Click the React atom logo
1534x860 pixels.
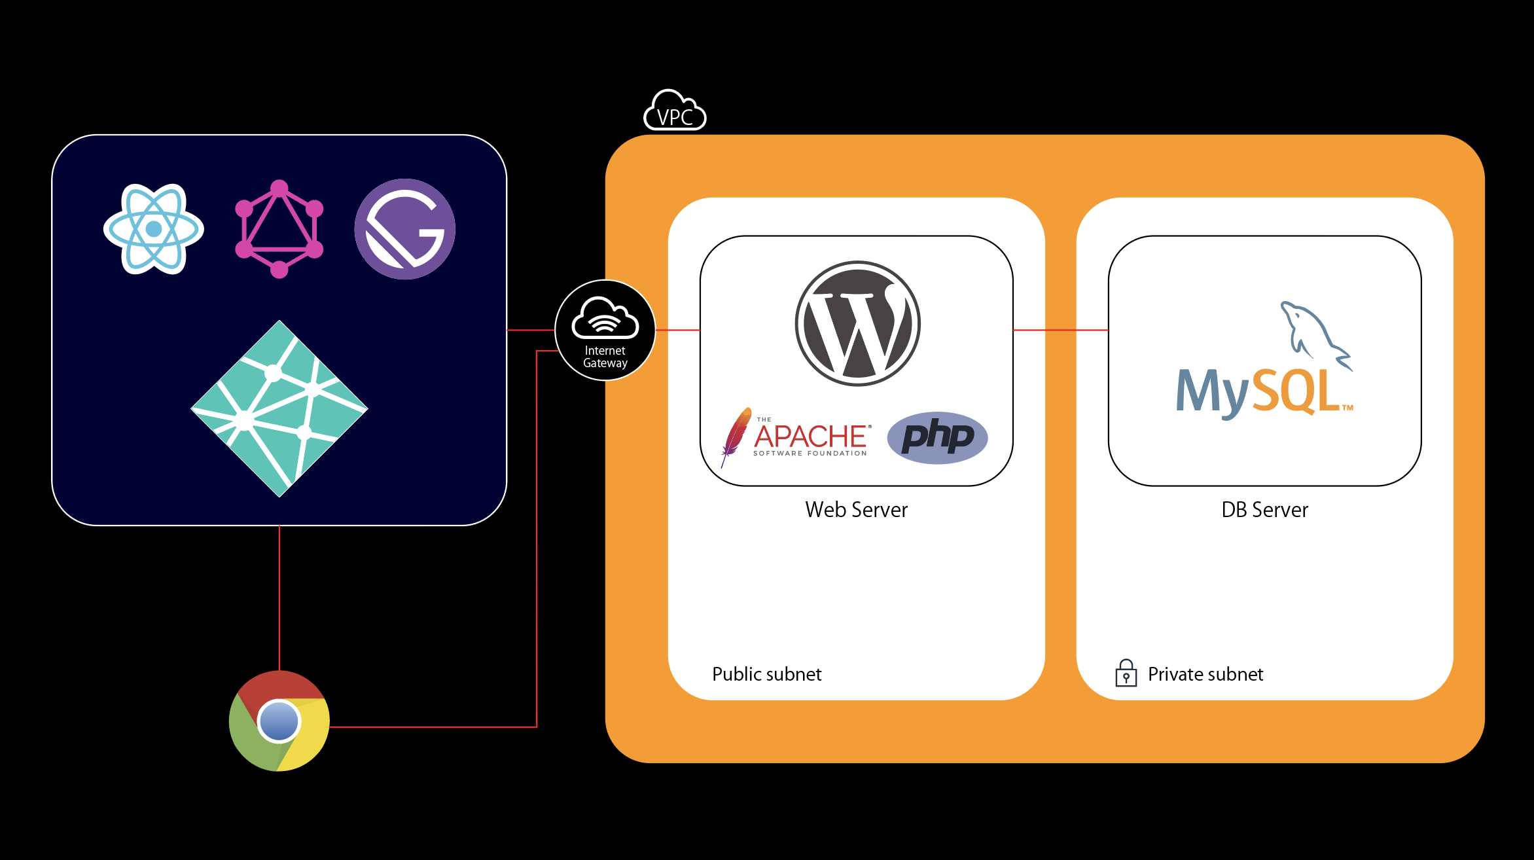pos(154,229)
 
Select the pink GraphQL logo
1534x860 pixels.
pos(279,229)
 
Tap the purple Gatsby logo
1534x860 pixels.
pos(405,229)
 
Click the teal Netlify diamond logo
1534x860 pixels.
pos(279,408)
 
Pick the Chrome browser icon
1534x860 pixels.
pos(279,721)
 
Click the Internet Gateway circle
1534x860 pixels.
pos(605,330)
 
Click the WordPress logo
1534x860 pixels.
pos(857,323)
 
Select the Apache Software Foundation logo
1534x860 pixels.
pos(810,437)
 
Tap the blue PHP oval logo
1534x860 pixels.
pos(937,437)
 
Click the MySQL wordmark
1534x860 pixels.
pos(1257,391)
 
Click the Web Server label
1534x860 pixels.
pos(856,510)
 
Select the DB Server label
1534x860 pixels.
pos(1264,510)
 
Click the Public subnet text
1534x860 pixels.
pos(766,674)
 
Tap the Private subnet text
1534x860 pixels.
pos(1205,674)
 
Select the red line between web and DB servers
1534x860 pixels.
pos(1060,330)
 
